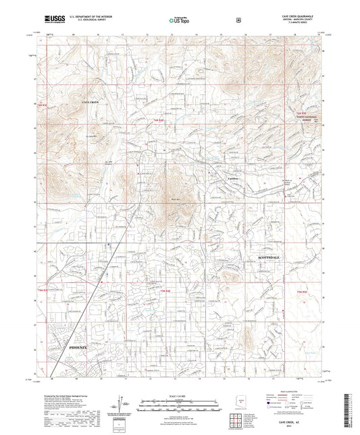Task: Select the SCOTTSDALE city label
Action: point(272,258)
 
